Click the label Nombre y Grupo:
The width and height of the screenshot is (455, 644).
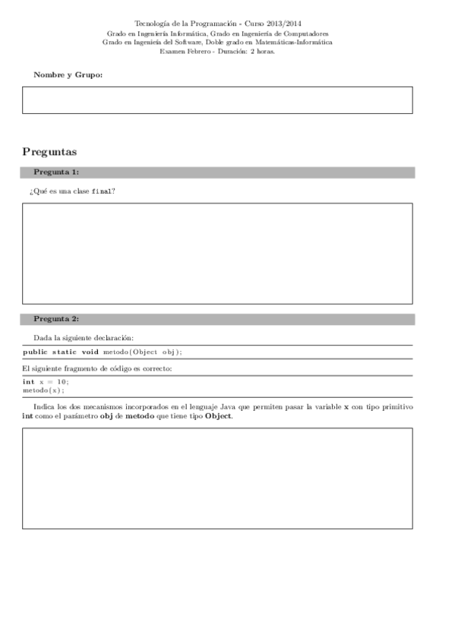point(68,75)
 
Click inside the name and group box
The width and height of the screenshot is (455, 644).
point(217,99)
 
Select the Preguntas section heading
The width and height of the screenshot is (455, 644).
point(49,152)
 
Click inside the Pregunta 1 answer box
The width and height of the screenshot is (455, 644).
point(217,253)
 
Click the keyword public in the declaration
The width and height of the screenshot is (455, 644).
point(36,352)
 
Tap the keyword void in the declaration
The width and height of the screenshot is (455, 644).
point(90,352)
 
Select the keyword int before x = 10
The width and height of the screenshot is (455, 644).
point(28,381)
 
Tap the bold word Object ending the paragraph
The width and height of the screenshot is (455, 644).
point(218,416)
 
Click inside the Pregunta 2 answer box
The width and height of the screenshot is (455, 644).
point(217,478)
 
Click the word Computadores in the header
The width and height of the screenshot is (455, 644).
point(302,34)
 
